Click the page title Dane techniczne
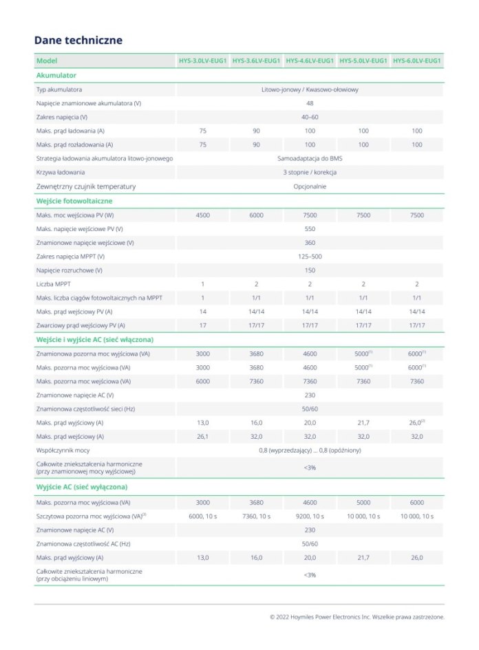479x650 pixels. [78, 40]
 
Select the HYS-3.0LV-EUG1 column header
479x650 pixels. [202, 61]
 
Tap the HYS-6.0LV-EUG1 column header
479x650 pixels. [416, 61]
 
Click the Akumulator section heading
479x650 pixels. [56, 75]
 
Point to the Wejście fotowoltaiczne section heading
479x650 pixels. [74, 201]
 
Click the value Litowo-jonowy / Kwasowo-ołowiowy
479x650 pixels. [310, 89]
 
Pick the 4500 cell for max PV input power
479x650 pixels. [202, 215]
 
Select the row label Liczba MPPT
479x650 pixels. [54, 283]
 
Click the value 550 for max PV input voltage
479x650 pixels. [310, 229]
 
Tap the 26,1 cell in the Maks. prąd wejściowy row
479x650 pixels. [202, 436]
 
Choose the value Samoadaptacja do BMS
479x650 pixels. [310, 158]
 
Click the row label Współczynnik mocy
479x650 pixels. [63, 450]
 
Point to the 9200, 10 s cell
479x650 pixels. [310, 516]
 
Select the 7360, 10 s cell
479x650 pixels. [256, 516]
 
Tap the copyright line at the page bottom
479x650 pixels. [356, 617]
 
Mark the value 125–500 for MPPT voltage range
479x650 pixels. [310, 257]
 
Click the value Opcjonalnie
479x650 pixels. [310, 186]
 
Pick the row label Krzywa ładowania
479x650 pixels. [61, 172]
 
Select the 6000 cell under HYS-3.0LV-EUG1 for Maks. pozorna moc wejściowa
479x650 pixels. [202, 381]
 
